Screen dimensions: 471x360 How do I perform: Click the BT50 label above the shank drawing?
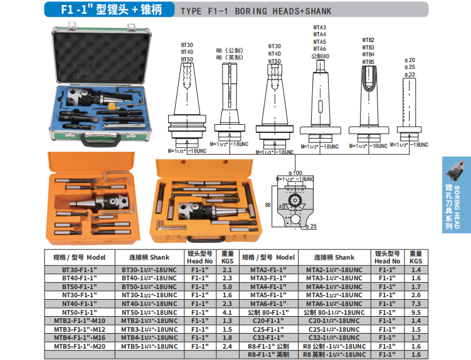(x=187, y=59)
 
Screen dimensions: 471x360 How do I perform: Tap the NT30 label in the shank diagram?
(x=275, y=46)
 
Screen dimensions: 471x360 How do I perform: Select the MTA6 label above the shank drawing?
(x=320, y=49)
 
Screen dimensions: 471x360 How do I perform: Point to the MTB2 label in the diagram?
(x=368, y=40)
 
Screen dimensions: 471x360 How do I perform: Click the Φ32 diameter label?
(x=410, y=74)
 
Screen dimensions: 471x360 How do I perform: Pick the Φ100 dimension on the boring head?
(x=295, y=173)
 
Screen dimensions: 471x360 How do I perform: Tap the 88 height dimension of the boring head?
(x=268, y=205)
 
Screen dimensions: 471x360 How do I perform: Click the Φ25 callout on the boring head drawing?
(x=311, y=226)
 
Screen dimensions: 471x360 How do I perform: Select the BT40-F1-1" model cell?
(x=80, y=278)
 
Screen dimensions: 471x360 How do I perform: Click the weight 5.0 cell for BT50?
(x=228, y=287)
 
